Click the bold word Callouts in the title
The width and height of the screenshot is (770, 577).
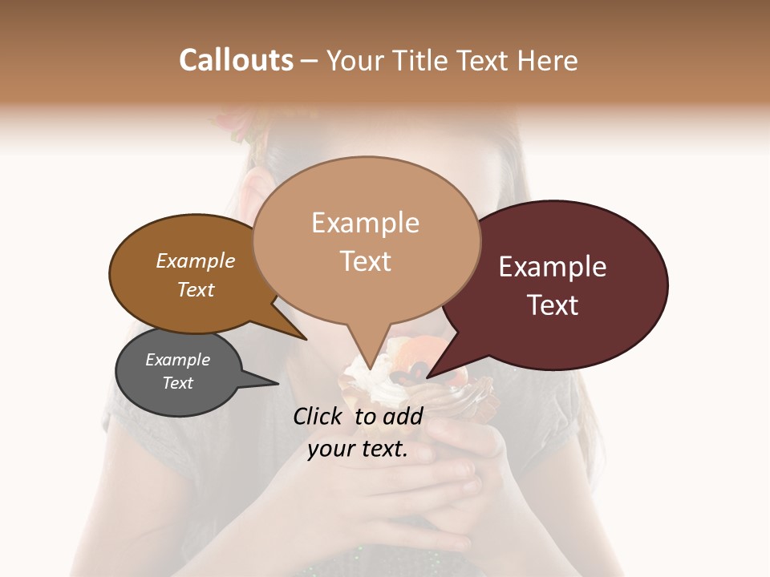click(236, 60)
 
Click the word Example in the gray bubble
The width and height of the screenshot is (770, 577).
click(177, 360)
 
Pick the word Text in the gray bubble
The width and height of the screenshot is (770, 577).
click(177, 383)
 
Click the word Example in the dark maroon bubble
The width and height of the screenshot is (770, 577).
click(553, 267)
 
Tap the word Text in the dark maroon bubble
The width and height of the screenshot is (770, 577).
click(553, 305)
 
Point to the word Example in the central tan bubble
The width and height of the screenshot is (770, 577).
click(365, 223)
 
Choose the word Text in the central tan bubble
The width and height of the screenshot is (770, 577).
click(365, 261)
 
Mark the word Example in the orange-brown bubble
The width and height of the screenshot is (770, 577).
click(195, 261)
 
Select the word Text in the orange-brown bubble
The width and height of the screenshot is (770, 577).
click(195, 289)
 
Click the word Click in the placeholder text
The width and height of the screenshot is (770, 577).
click(320, 416)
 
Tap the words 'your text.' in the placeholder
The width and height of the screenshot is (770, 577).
click(358, 450)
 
